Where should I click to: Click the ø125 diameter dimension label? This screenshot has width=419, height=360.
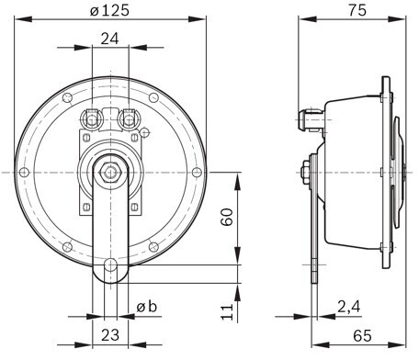[x=109, y=11]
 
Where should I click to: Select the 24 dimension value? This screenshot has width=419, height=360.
[x=109, y=39]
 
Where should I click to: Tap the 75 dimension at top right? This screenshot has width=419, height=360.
[x=357, y=10]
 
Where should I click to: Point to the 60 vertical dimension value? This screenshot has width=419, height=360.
[x=227, y=217]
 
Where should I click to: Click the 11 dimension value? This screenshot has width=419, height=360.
[x=227, y=312]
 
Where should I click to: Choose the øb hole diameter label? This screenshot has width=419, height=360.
[x=147, y=307]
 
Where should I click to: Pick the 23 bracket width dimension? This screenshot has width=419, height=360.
[x=110, y=335]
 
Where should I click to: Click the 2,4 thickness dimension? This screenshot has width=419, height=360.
[x=349, y=307]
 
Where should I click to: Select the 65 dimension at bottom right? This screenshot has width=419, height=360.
[x=362, y=336]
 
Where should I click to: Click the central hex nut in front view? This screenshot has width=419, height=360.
[x=110, y=173]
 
